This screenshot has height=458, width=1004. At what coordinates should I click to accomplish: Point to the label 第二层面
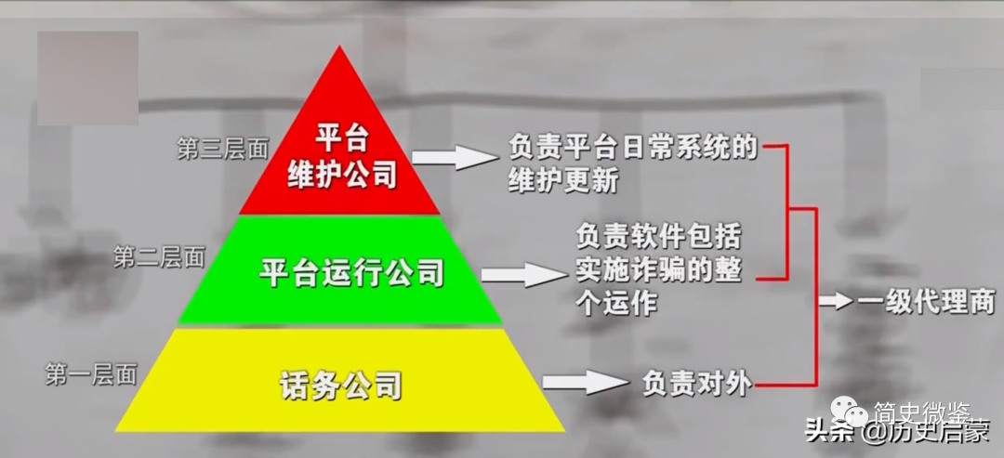tap(159, 257)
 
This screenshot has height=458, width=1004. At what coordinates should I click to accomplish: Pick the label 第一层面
tap(92, 374)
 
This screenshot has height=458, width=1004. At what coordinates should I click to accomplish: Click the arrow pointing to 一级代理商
tap(836, 301)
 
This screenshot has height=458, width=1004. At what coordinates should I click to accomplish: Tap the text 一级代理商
tap(925, 302)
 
